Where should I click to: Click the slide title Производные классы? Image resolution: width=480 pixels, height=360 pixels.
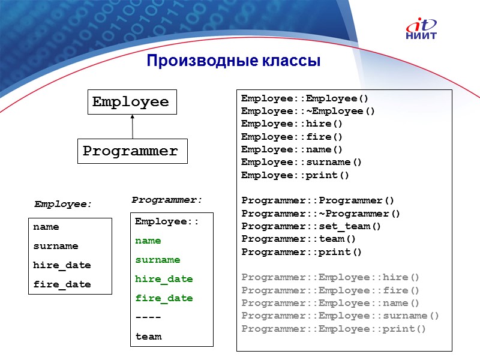click(x=233, y=61)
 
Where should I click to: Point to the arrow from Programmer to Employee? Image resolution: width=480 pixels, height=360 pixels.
click(x=133, y=127)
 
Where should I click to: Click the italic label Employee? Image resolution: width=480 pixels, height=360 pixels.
click(x=63, y=204)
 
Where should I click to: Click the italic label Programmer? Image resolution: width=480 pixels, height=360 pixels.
click(x=167, y=199)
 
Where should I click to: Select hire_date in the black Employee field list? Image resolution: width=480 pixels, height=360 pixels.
click(x=62, y=265)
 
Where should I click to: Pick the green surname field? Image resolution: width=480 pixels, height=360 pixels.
click(x=158, y=260)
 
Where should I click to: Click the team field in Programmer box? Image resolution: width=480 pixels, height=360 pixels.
click(x=148, y=337)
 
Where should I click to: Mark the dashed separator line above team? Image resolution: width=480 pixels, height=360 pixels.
click(x=148, y=317)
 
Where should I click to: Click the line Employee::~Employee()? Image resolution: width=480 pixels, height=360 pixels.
click(x=308, y=111)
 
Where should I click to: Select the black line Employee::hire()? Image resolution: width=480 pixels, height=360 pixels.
click(x=292, y=124)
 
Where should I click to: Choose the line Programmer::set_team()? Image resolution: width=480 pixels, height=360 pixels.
click(x=311, y=226)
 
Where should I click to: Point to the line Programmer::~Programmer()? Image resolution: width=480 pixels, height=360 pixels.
click(x=321, y=214)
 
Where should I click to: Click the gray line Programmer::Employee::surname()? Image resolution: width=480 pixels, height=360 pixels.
click(x=340, y=316)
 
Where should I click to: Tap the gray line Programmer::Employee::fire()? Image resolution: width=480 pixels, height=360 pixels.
click(x=331, y=290)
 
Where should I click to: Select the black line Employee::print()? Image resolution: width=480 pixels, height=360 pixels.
click(x=295, y=175)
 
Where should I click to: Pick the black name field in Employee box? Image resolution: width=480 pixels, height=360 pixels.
click(x=46, y=227)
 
